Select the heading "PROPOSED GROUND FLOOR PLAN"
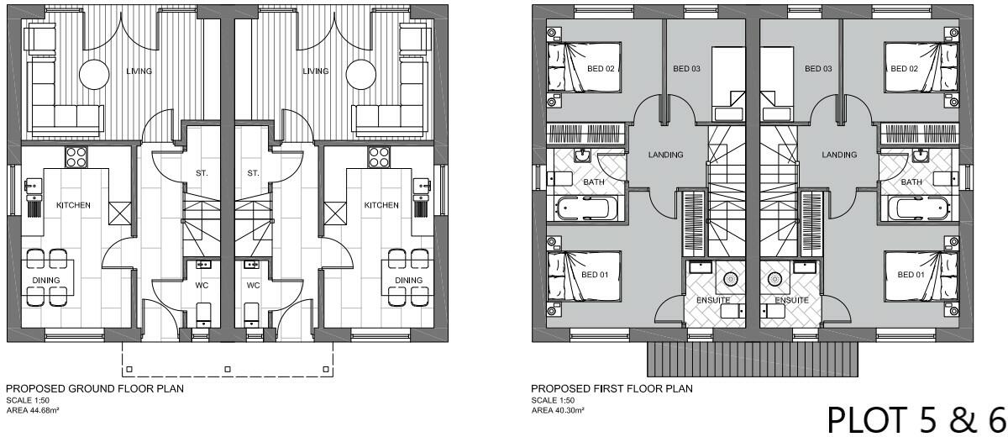point(95,389)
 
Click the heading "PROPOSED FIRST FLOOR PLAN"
point(612,389)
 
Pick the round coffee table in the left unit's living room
point(94,75)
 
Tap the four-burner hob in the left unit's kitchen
point(76,157)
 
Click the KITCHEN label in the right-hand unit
point(381,205)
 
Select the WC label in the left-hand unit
point(202,286)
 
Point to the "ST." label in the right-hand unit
point(253,173)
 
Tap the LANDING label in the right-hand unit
point(839,155)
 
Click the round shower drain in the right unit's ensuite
point(775,279)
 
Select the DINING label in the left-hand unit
point(47,280)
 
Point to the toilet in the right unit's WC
point(250,316)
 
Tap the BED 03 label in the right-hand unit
point(818,69)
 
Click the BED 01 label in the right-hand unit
point(911,275)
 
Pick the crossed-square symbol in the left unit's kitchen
point(119,213)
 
